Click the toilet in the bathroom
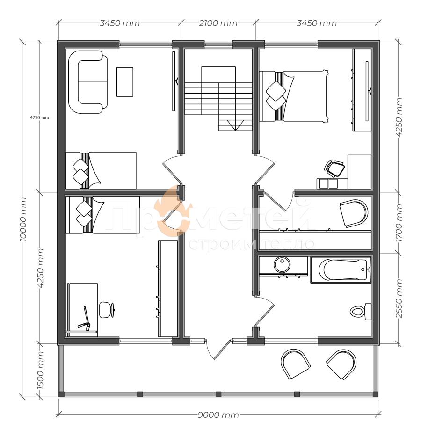(361, 311)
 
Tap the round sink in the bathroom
(282, 264)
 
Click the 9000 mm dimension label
(218, 415)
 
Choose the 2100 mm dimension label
(218, 23)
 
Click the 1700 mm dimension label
(399, 223)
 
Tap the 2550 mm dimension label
(399, 299)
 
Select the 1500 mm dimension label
(40, 370)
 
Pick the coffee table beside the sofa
(124, 82)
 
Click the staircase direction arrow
(235, 125)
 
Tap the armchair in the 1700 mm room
(354, 213)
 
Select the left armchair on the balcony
(296, 364)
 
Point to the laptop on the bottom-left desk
(85, 321)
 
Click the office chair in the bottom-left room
(107, 310)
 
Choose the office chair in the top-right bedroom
(334, 168)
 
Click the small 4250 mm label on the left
(40, 117)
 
